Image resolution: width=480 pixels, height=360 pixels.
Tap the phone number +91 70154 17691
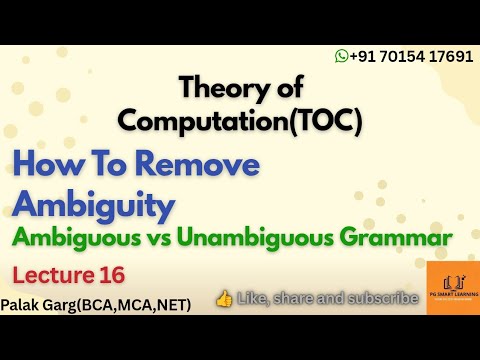click(410, 58)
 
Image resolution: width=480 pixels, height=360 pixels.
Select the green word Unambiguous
click(287, 238)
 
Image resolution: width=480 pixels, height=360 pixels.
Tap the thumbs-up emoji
click(223, 297)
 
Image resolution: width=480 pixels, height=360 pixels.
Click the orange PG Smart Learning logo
click(452, 287)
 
